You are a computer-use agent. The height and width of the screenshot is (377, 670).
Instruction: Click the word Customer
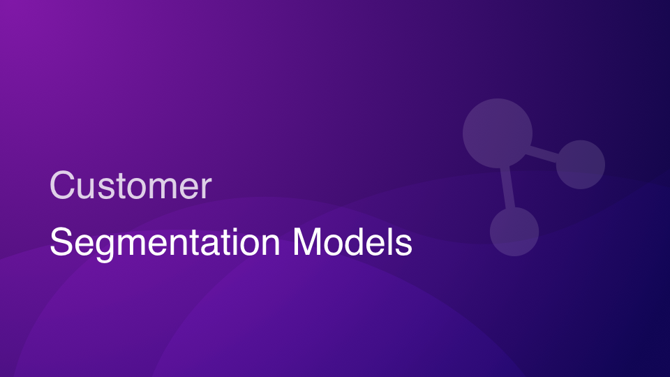pos(131,185)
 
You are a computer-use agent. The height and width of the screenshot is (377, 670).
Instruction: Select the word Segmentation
pos(165,242)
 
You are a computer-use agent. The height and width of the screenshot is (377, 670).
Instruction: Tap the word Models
pos(352,242)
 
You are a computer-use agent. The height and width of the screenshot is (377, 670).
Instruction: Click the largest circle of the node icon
pos(498,133)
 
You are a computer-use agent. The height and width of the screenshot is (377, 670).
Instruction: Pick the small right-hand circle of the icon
pos(580,165)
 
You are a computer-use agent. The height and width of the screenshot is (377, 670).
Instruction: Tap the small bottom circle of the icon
pos(514,232)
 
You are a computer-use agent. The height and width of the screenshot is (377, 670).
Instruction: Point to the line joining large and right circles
pos(543,154)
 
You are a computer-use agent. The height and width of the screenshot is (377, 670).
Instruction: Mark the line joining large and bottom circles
pos(507,188)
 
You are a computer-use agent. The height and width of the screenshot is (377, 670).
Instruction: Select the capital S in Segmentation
pos(62,242)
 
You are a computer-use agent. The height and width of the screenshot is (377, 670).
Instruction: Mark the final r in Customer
pos(206,188)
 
